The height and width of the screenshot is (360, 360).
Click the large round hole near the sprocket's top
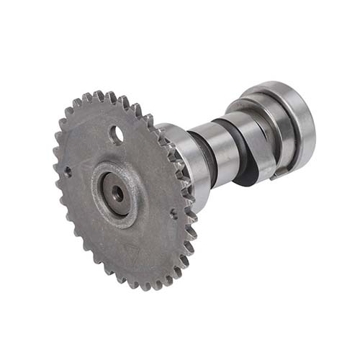(x=117, y=134)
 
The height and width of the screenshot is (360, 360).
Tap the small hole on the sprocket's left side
(x=67, y=171)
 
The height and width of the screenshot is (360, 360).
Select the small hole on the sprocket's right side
(x=173, y=213)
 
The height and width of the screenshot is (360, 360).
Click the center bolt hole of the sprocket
(x=117, y=193)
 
